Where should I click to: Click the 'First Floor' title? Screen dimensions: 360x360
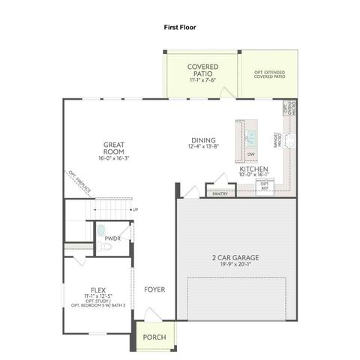179,26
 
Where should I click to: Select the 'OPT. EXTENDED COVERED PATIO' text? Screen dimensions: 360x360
268,72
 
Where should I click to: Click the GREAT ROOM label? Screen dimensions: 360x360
114,147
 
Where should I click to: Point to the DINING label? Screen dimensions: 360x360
203,140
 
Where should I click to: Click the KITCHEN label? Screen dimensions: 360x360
253,170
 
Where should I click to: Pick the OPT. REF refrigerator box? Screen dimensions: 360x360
265,186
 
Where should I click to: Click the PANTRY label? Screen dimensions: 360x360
220,193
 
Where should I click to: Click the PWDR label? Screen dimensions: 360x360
112,238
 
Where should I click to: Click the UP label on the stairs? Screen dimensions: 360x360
134,209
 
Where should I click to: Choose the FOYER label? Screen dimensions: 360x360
155,289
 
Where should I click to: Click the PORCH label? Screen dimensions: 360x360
154,336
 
